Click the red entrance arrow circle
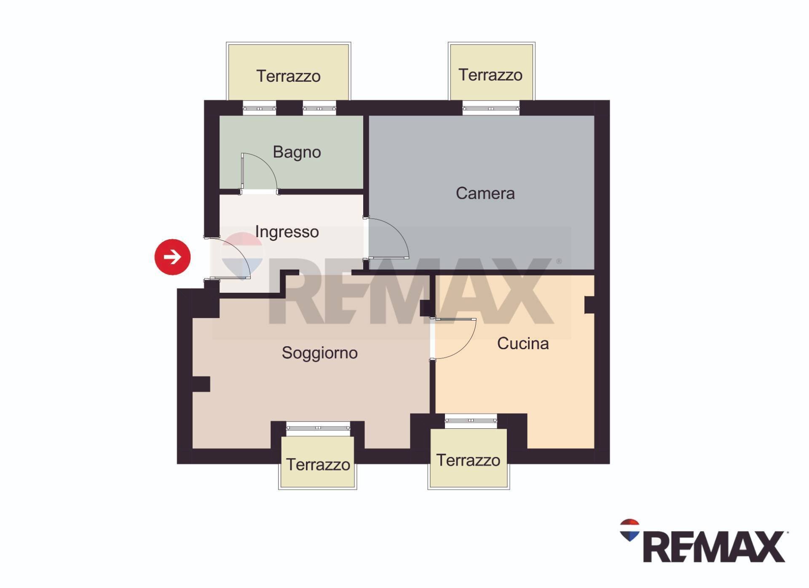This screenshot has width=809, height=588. pyautogui.click(x=172, y=257)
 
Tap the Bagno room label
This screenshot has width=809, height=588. pyautogui.click(x=297, y=152)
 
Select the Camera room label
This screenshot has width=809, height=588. pyautogui.click(x=485, y=193)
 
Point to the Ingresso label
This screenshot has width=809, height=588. pyautogui.click(x=287, y=232)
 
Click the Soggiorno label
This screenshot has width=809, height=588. pyautogui.click(x=319, y=353)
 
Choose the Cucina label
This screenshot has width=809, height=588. pyautogui.click(x=522, y=344)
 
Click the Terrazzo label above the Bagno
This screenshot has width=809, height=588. pyautogui.click(x=288, y=76)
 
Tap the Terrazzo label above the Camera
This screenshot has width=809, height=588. pyautogui.click(x=490, y=75)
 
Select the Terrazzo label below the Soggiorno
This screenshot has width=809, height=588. pyautogui.click(x=318, y=465)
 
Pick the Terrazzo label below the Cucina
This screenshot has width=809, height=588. pyautogui.click(x=468, y=460)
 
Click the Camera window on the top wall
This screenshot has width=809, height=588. pyautogui.click(x=491, y=109)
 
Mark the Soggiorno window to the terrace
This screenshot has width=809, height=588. pyautogui.click(x=318, y=428)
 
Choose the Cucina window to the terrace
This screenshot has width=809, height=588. pyautogui.click(x=471, y=421)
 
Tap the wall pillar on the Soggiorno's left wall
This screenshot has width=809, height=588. pyautogui.click(x=201, y=384)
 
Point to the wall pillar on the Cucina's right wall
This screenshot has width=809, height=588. pyautogui.click(x=589, y=305)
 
